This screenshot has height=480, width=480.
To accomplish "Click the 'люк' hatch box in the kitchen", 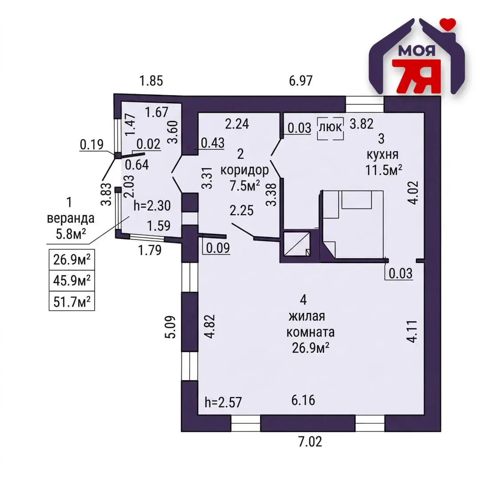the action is pos(330,128).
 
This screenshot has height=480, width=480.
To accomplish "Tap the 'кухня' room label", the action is pos(383,155).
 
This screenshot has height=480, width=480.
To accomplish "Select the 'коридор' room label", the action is pos(244,170).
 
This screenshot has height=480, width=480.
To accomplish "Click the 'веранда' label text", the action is pos(71,219).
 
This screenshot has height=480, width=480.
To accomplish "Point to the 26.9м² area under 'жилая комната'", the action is pos(311,348).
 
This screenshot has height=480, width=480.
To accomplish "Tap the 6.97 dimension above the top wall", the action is pos(301,81).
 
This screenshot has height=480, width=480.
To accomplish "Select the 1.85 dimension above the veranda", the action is pos(151,81).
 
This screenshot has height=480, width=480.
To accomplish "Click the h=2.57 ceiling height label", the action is pos(224,402).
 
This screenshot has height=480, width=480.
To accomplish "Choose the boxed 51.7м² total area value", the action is pos(72,301).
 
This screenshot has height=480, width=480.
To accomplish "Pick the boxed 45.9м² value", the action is pos(72,280).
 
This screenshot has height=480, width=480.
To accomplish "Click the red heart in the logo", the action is pos(448,24).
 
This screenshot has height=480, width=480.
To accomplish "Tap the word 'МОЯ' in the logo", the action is pos(417,51).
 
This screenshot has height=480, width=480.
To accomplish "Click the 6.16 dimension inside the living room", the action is pos(303,400).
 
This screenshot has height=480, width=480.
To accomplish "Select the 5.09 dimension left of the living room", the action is pos(171,327).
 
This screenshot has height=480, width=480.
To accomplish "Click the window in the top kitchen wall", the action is pos(364,104).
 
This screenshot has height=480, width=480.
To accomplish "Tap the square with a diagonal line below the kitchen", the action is pos(297,244).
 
